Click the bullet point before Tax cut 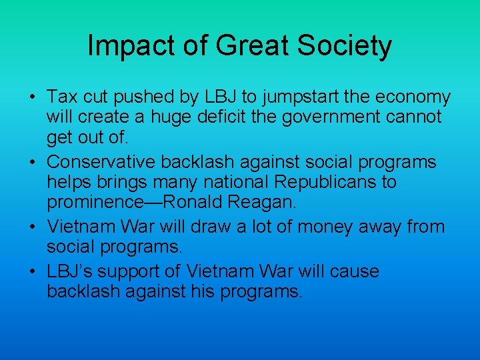31,98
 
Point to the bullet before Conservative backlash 31,163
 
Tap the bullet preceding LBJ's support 31,271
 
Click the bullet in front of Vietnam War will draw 31,227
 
